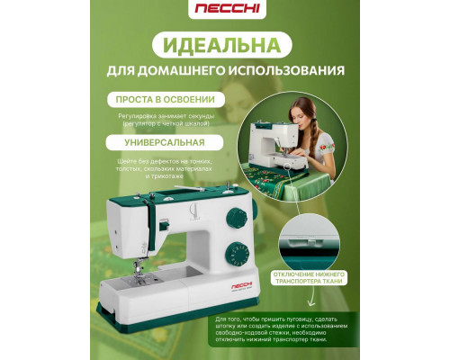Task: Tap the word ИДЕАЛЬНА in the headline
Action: (x=225, y=43)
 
